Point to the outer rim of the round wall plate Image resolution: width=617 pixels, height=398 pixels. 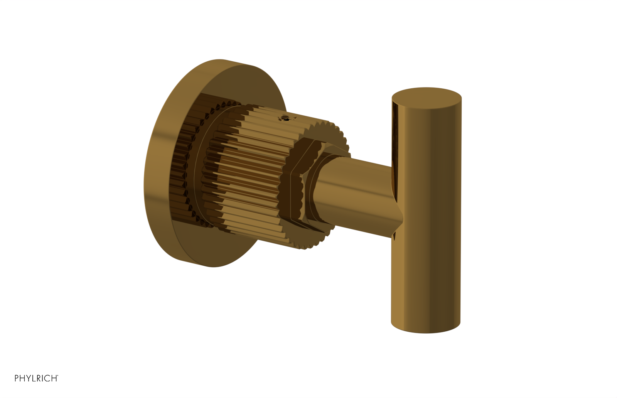(154, 166)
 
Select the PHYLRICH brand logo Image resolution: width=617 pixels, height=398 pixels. (36, 378)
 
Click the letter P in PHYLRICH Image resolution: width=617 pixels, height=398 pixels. (17, 378)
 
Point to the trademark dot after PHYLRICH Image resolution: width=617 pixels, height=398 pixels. (58, 376)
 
